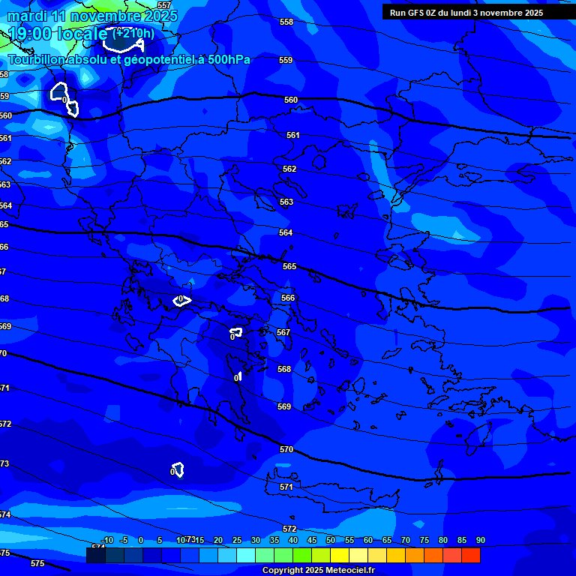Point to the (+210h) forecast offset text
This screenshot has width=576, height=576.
tap(133, 34)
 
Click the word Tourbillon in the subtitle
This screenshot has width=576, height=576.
tap(36, 60)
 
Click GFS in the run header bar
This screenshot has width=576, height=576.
tap(415, 13)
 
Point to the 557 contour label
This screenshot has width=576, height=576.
tap(164, 5)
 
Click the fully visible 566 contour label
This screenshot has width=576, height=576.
tap(288, 298)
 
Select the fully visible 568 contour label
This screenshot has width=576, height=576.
tap(284, 369)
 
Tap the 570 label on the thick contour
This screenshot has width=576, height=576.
tap(286, 449)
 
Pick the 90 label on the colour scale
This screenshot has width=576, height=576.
tap(480, 540)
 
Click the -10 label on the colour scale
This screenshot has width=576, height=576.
tap(107, 540)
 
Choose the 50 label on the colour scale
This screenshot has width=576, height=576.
tap(331, 540)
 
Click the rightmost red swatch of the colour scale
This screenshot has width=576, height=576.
tap(470, 556)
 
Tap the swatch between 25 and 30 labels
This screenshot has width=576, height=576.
tap(246, 556)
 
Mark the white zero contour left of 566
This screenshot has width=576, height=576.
tap(181, 301)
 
